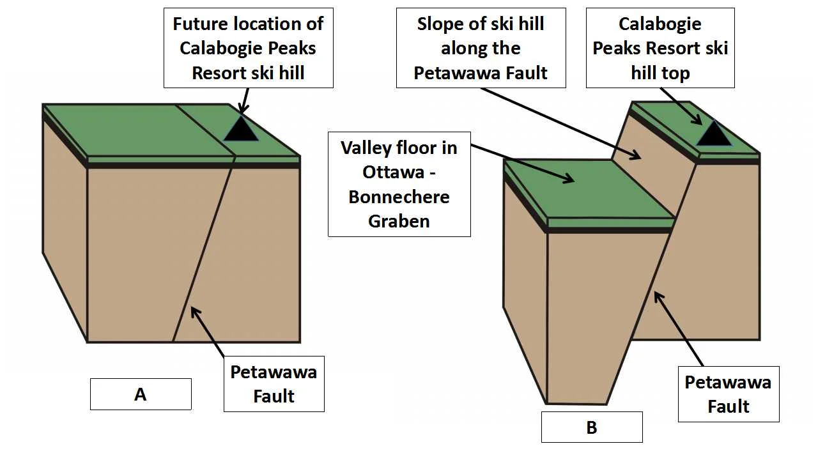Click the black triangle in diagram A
pyautogui.click(x=241, y=130)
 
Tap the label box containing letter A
pyautogui.click(x=141, y=394)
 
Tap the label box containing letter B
pyautogui.click(x=591, y=427)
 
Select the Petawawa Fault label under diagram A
pyautogui.click(x=274, y=384)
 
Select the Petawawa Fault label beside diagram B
pyautogui.click(x=728, y=394)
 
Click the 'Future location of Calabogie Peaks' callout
pyautogui.click(x=248, y=48)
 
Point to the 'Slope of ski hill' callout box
pyautogui.click(x=481, y=48)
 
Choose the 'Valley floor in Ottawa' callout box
pyautogui.click(x=399, y=184)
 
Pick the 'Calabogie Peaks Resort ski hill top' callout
pyautogui.click(x=660, y=48)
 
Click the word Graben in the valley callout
pyautogui.click(x=399, y=221)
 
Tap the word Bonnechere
pyautogui.click(x=399, y=197)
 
